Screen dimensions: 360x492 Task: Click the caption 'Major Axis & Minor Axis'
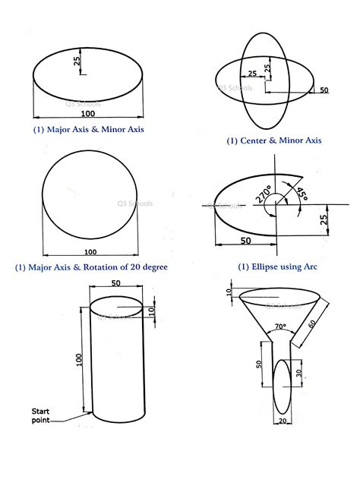pos(95,129)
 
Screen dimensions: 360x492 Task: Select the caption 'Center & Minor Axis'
pos(280,140)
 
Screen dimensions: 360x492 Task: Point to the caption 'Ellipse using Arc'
pos(284,266)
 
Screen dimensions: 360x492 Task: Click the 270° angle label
pos(263,194)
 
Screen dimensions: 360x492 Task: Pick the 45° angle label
pos(302,194)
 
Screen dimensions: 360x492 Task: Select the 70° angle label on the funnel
pos(280,326)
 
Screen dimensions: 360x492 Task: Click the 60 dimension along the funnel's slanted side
pos(312,323)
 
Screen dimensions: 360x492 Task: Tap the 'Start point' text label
pos(40,415)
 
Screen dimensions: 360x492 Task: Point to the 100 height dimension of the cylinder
pos(79,360)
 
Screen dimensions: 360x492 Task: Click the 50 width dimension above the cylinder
pos(115,283)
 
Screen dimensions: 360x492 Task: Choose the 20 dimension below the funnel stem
pos(283,421)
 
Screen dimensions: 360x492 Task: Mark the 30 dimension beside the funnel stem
pos(298,373)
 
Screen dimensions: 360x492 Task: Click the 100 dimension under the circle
pos(90,252)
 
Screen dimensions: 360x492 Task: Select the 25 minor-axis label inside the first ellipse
pos(77,61)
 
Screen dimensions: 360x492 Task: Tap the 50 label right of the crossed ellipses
pos(324,90)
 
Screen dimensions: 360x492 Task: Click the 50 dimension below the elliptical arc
pos(246,241)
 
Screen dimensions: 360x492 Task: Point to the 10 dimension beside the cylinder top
pos(151,311)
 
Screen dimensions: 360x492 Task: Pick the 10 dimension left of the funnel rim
pos(229,292)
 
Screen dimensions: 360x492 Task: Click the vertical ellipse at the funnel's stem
pos(274,386)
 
